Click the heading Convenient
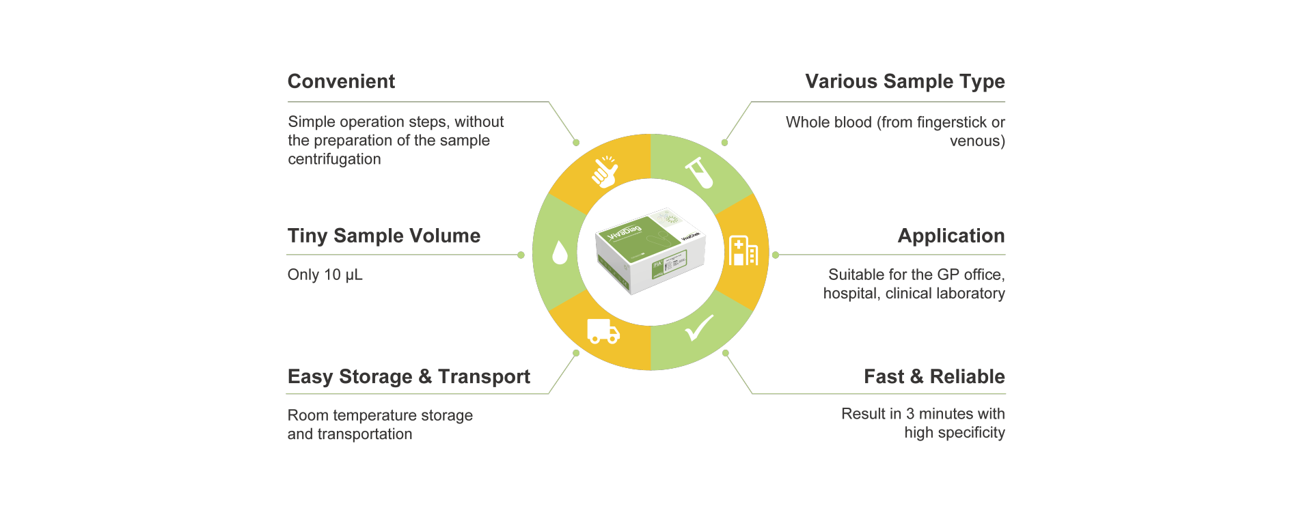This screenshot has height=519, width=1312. (x=341, y=81)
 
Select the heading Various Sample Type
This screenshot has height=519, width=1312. (x=905, y=81)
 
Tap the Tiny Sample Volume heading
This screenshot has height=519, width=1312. (x=383, y=236)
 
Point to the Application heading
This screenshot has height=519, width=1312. (x=951, y=236)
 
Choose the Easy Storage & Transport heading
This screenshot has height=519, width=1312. (x=409, y=376)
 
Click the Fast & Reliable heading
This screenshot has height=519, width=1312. (x=934, y=376)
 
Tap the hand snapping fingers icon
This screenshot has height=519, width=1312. (x=604, y=171)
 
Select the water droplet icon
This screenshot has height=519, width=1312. (x=560, y=252)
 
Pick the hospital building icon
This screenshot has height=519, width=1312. (x=743, y=251)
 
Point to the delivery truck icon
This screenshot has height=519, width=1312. (x=603, y=331)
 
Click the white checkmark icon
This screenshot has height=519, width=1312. (x=700, y=328)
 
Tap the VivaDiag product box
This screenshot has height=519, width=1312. (x=650, y=251)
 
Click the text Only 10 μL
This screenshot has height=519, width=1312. (x=325, y=275)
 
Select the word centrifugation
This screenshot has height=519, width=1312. (x=334, y=159)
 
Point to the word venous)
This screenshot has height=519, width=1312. (x=977, y=141)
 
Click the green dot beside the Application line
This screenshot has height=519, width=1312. (x=776, y=255)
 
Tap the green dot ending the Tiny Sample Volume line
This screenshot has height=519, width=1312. (x=521, y=255)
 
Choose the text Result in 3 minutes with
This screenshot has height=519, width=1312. (x=922, y=414)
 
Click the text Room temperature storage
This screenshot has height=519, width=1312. (x=380, y=415)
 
